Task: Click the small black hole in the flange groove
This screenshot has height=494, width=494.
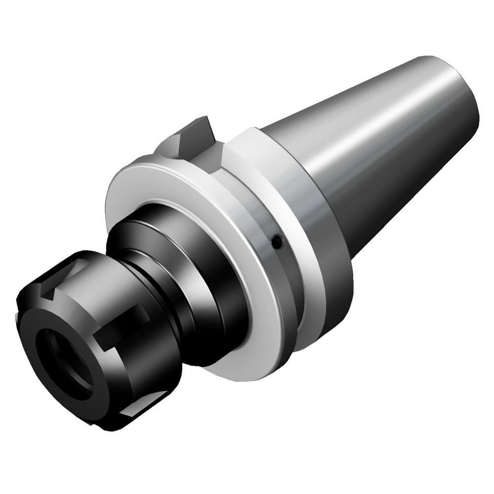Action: pos(278,242)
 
